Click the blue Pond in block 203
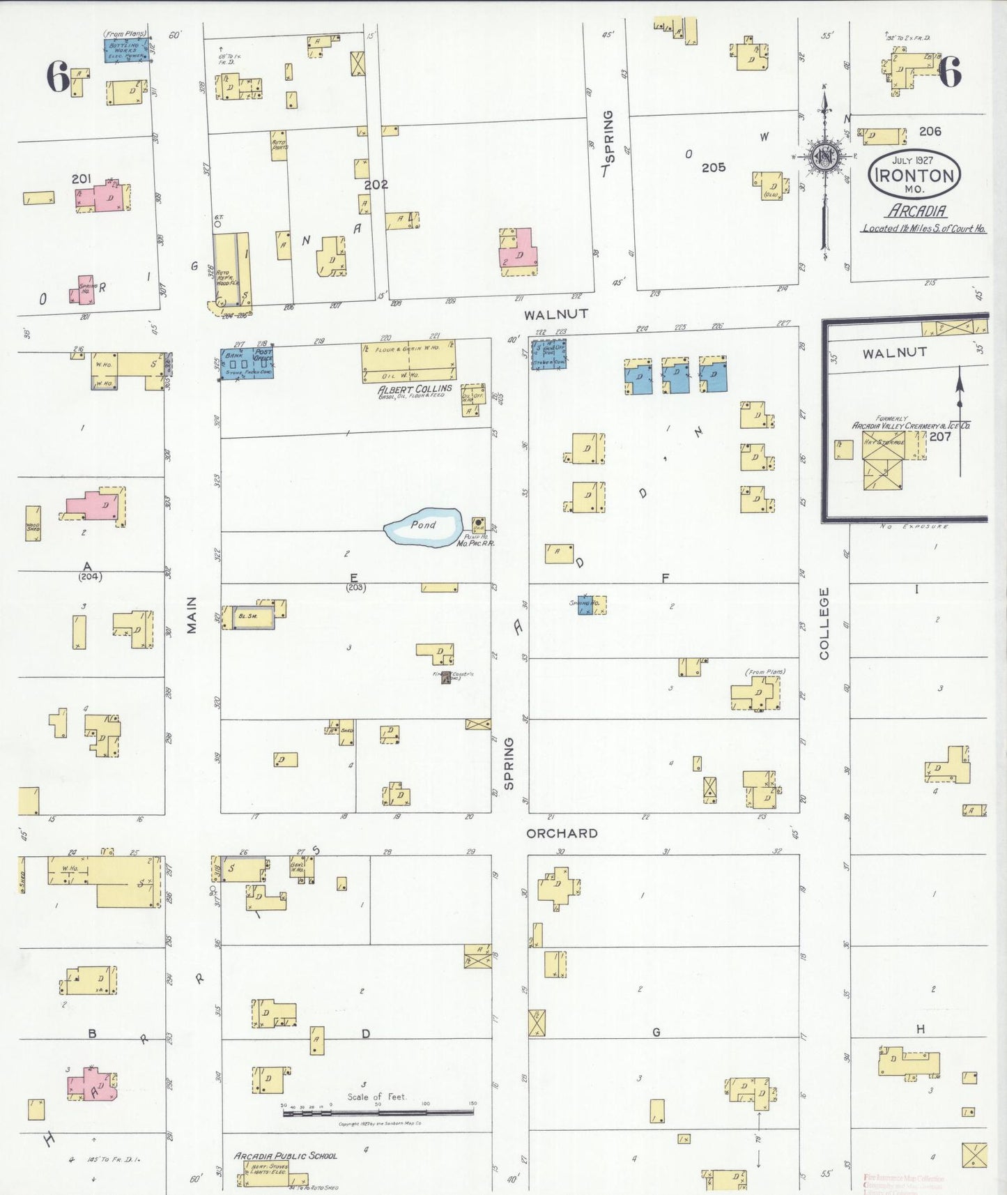423,527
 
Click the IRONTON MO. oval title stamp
914,174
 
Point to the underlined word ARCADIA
916,211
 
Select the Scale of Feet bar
378,1112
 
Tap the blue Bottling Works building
126,50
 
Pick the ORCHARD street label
562,833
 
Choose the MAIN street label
192,615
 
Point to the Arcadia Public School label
285,1155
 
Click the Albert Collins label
415,389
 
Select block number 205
713,167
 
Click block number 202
376,184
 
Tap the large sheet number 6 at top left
58,76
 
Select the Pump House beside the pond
479,524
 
